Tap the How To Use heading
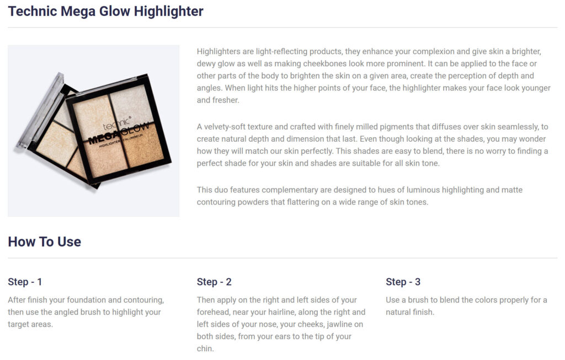click(44, 241)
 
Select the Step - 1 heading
click(25, 282)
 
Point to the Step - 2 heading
click(214, 282)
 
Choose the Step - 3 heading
click(403, 282)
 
